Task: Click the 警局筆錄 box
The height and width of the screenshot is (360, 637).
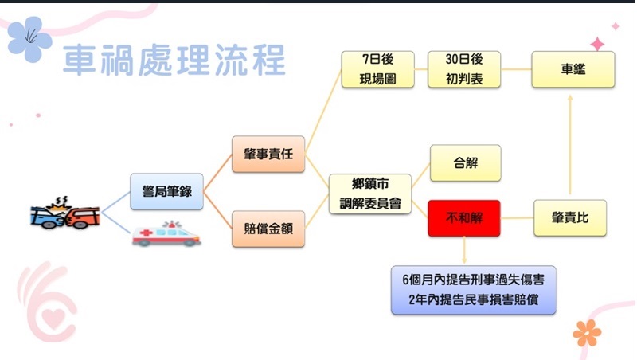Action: point(166,191)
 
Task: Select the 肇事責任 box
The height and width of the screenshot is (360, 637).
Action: point(268,154)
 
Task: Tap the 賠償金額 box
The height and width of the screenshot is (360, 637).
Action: point(268,229)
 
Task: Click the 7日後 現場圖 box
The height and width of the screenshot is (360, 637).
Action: point(377,69)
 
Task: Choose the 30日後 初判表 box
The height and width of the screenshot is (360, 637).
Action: point(464,69)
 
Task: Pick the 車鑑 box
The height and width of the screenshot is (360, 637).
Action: point(573,69)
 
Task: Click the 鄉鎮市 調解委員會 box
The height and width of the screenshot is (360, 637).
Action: point(370,194)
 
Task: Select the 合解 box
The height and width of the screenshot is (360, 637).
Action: point(466,163)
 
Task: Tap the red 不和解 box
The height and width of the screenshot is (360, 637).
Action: point(464,218)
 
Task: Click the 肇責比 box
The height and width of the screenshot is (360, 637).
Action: point(570,217)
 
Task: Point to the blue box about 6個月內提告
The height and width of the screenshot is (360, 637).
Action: point(473,290)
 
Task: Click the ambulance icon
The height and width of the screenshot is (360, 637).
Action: point(166,234)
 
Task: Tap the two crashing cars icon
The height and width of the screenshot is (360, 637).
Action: point(65,213)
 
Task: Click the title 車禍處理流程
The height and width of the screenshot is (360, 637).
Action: point(174,61)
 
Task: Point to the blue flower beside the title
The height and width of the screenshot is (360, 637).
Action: point(29,38)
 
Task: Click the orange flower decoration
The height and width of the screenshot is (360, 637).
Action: point(587,333)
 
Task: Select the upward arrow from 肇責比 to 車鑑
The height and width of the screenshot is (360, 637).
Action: point(570,145)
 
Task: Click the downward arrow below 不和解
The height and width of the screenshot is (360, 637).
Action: point(464,250)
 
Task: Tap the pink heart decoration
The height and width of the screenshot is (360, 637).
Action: point(53,318)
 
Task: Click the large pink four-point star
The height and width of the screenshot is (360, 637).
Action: point(597,44)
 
